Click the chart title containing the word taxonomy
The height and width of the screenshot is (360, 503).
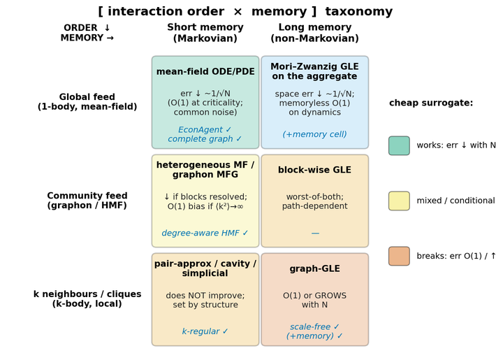245,12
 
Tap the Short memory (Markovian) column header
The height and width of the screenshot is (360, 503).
205,33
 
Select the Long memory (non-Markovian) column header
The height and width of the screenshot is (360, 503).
314,33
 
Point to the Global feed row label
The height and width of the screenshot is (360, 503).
87,102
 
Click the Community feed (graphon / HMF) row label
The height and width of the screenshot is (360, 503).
87,201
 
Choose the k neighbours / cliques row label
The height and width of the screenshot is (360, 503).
87,298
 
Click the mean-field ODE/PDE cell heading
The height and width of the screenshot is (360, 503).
205,71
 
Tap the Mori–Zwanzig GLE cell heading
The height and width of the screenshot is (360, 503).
314,71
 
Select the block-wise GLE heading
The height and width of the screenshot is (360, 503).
314,170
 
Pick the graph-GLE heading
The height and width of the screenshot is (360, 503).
314,268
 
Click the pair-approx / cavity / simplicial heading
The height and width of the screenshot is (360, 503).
205,268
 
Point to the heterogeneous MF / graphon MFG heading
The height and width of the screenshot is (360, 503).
205,170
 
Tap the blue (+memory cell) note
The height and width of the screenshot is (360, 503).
314,134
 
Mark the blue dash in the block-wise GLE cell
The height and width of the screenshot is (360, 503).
315,233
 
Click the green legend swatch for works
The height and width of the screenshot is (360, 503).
399,145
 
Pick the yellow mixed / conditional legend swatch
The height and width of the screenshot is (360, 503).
399,201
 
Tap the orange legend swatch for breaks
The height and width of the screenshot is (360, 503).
399,256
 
